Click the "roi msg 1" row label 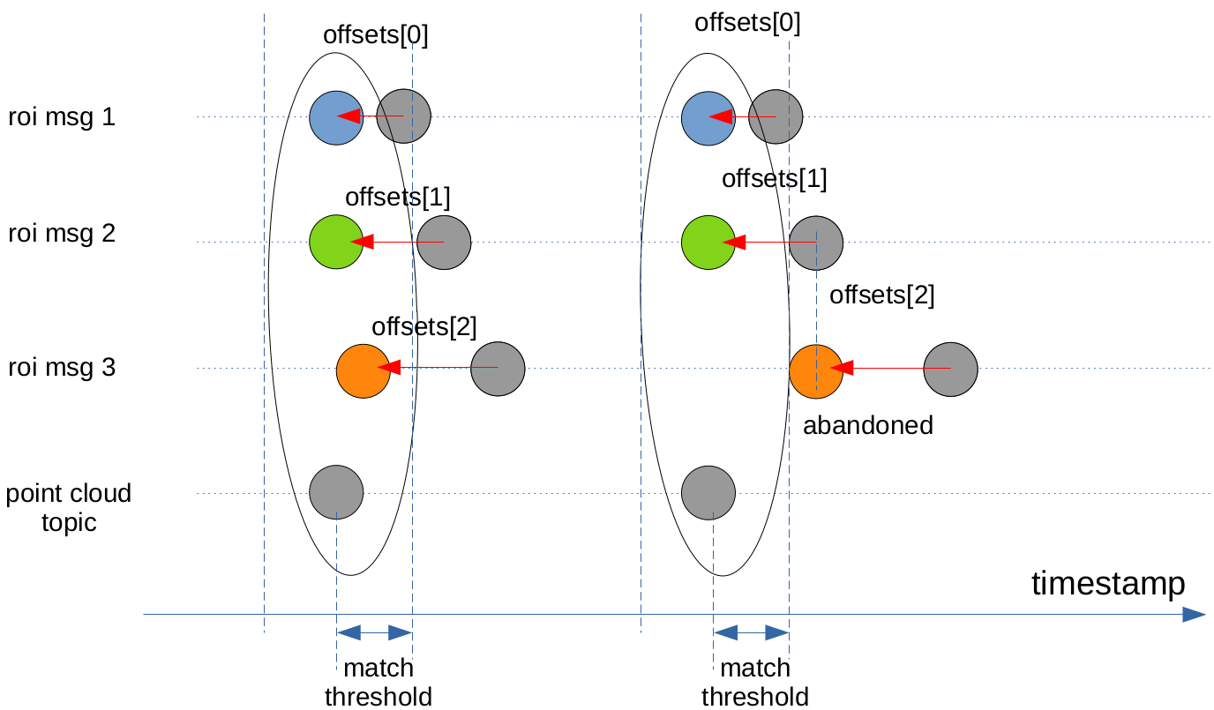click(62, 116)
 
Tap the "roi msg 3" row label click(62, 367)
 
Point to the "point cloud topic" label click(69, 507)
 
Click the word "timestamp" click(1108, 583)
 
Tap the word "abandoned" click(868, 425)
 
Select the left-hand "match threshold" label click(378, 682)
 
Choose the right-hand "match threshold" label click(755, 682)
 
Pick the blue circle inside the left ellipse click(336, 116)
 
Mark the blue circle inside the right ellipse click(708, 116)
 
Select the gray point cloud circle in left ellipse click(336, 492)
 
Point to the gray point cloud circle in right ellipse click(708, 492)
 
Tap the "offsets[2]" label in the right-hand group click(882, 295)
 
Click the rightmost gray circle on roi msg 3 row click(951, 370)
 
